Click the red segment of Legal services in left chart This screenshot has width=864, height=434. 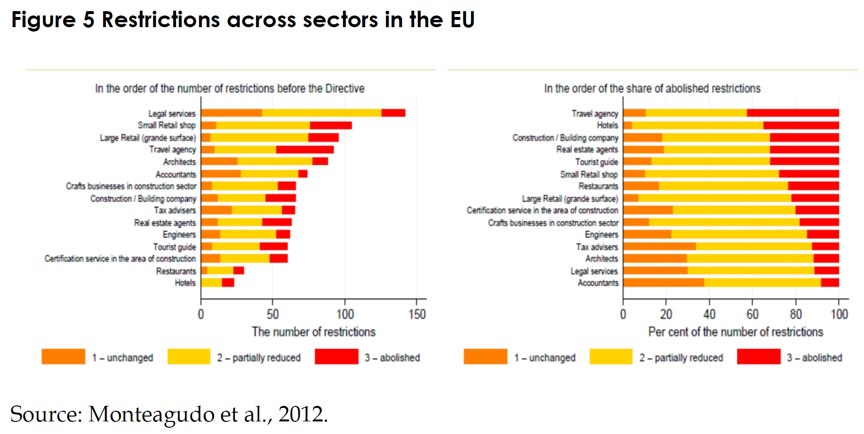tap(393, 113)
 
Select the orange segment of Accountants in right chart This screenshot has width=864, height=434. tap(663, 283)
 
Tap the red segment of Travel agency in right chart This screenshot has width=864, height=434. tap(793, 113)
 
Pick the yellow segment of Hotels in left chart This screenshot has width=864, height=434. tap(212, 283)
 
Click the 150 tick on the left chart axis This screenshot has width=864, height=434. tap(417, 315)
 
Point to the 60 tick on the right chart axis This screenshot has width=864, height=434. tap(752, 315)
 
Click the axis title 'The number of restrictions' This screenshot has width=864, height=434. tap(313, 332)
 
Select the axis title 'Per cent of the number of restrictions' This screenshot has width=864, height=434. tap(735, 332)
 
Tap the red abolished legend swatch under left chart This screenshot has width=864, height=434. tap(336, 356)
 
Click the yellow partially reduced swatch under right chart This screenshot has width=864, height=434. tap(611, 356)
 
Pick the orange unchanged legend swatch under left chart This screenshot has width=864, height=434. tap(63, 356)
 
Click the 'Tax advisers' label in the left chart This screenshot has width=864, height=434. tap(175, 210)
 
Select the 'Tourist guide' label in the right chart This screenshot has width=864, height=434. tap(596, 162)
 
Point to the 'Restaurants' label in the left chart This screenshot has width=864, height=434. tap(176, 271)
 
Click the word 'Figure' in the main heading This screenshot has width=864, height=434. tap(43, 20)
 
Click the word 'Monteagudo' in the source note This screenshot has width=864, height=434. tap(152, 415)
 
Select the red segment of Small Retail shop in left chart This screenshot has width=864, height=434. tap(330, 126)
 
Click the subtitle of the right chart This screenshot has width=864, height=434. tap(652, 89)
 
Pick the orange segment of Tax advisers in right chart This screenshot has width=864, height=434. tap(659, 246)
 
